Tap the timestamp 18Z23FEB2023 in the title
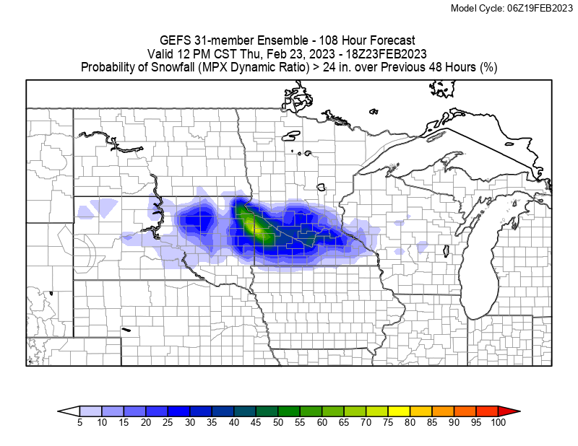coord(386,54)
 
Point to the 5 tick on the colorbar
coord(79,422)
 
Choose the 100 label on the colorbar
coord(497,422)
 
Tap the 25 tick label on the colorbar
coord(168,422)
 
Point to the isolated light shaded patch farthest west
coord(86,212)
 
